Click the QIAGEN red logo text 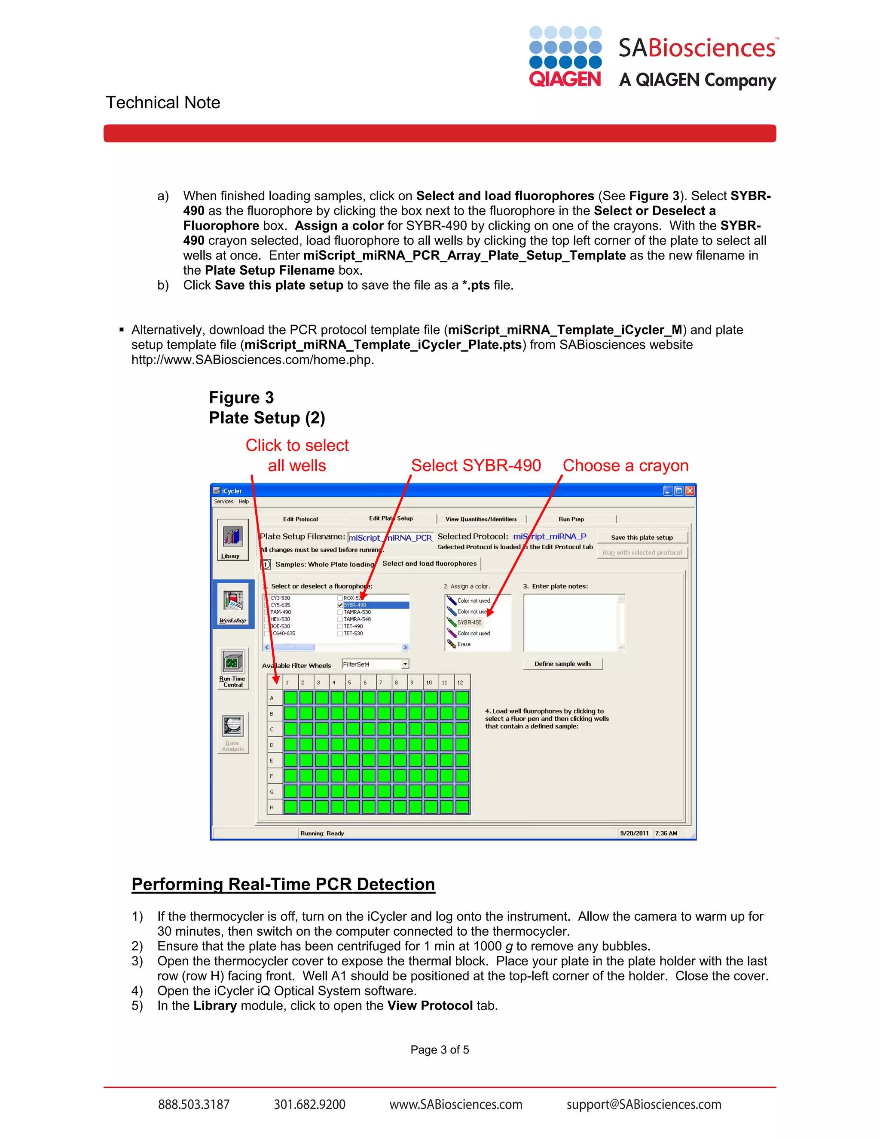click(565, 79)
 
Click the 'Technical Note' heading click(163, 102)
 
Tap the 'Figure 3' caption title click(241, 398)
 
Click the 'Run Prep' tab click(571, 519)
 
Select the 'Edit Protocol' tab click(300, 519)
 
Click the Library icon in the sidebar click(232, 540)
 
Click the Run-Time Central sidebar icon click(233, 668)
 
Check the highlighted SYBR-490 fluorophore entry click(340, 605)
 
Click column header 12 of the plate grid click(460, 682)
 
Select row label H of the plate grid click(272, 807)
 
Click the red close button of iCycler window click(690, 491)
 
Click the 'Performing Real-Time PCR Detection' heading click(283, 885)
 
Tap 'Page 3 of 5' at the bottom click(440, 1050)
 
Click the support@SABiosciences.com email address click(644, 1104)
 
